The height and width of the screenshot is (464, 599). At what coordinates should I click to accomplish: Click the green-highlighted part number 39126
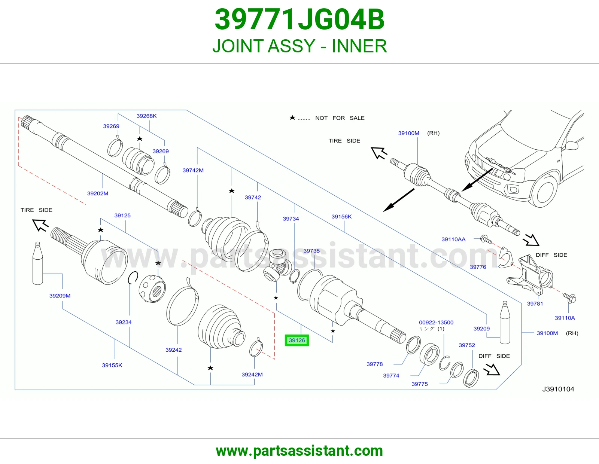(x=297, y=340)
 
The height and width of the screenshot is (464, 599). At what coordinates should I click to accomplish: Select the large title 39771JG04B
(x=299, y=19)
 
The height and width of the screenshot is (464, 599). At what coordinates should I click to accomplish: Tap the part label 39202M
(x=98, y=193)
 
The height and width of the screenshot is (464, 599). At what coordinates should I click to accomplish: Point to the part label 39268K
(x=146, y=116)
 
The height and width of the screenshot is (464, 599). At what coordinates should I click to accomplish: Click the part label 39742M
(x=193, y=170)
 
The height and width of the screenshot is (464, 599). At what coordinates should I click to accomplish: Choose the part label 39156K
(x=341, y=217)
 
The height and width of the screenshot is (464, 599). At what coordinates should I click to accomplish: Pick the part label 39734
(x=291, y=219)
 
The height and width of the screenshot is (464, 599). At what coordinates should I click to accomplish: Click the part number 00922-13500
(x=436, y=323)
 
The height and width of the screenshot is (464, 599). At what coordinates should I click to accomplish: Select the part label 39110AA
(x=453, y=239)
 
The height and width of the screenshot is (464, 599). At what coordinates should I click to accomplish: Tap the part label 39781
(x=535, y=303)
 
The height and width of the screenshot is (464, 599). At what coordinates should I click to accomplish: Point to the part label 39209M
(x=60, y=296)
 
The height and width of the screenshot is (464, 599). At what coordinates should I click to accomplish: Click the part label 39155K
(x=112, y=365)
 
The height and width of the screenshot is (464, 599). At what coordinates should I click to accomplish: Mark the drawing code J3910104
(x=558, y=389)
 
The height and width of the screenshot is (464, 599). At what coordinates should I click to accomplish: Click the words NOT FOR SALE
(x=340, y=118)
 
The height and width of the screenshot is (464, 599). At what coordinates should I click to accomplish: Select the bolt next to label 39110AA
(x=486, y=239)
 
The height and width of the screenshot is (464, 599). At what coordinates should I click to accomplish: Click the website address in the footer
(x=299, y=451)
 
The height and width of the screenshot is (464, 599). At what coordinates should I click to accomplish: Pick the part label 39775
(x=420, y=384)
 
